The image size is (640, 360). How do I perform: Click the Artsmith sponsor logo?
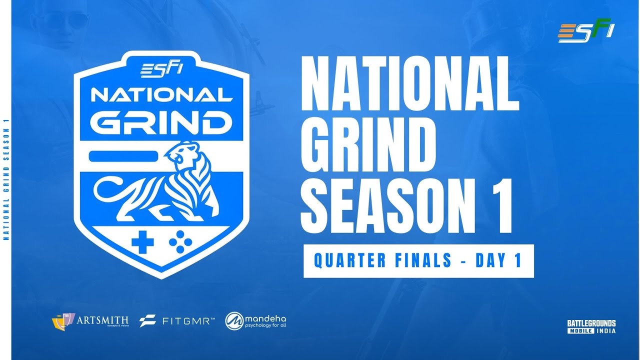(90, 320)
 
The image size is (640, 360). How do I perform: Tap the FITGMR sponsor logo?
(177, 320)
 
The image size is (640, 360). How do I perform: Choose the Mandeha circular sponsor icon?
(234, 320)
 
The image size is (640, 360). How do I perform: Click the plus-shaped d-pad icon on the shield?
(142, 242)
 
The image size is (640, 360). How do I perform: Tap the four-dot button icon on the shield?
(180, 242)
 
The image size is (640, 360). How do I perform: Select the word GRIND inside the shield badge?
(161, 122)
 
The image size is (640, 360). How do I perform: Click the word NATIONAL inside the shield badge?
(161, 95)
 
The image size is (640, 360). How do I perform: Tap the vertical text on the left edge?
(6, 180)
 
